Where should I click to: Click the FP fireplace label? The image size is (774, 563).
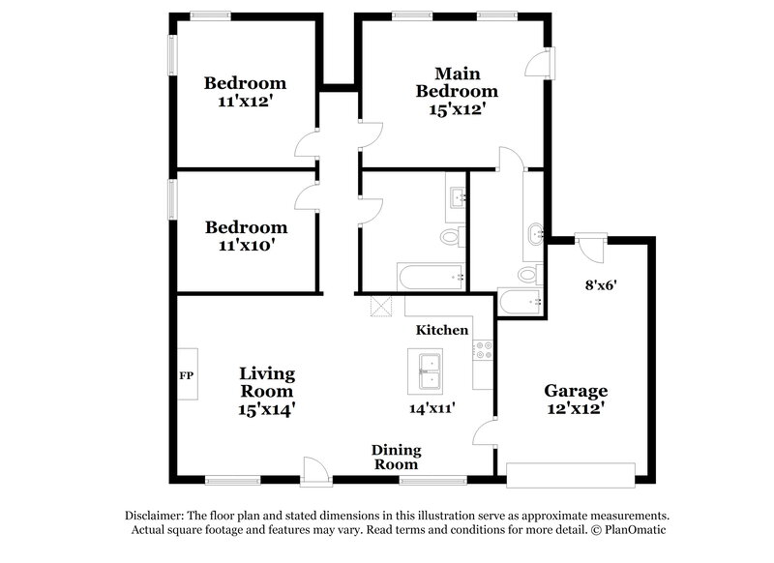[186, 375]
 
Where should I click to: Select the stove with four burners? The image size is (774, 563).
[483, 350]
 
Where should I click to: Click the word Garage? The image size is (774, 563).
[576, 391]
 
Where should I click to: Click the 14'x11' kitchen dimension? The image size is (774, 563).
[432, 407]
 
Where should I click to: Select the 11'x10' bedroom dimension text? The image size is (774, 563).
[246, 245]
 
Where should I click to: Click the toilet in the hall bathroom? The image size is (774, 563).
[451, 236]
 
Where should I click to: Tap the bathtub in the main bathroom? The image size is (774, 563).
[520, 302]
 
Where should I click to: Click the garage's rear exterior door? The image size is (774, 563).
[589, 247]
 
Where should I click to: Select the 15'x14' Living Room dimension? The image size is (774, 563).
[267, 408]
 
